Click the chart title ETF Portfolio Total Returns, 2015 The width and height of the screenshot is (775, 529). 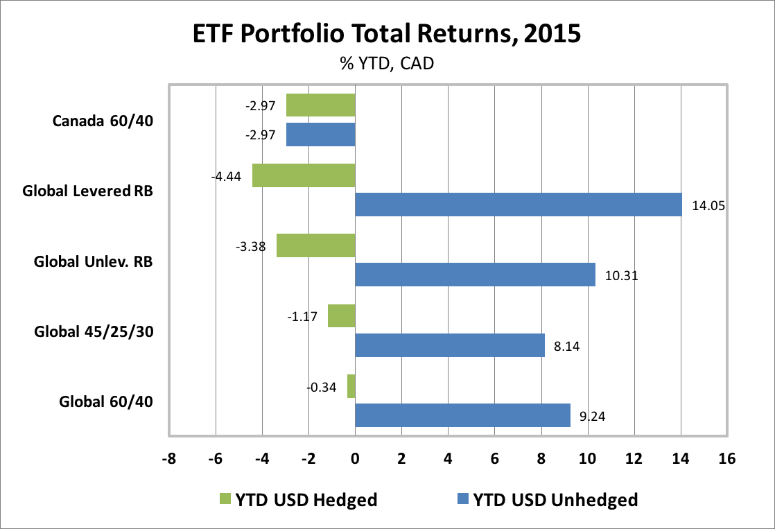click(387, 34)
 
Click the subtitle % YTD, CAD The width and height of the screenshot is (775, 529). click(387, 64)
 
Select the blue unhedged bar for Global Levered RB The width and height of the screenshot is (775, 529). click(518, 205)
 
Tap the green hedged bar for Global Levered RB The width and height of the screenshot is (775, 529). click(304, 175)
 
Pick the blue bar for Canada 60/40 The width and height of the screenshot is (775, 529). click(320, 135)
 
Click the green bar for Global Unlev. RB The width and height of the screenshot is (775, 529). click(315, 245)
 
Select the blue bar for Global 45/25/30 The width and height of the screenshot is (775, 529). click(450, 345)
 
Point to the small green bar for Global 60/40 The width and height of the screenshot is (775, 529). click(351, 386)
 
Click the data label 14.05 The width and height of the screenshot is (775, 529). click(708, 205)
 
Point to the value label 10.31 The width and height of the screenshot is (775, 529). click(620, 275)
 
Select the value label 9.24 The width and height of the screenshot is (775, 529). click(591, 415)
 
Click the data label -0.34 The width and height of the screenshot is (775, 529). click(322, 386)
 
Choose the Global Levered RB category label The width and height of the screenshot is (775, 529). click(87, 191)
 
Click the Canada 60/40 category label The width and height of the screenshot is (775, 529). click(103, 121)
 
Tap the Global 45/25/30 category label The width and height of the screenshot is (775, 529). click(94, 331)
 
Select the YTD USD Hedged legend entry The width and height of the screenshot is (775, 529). click(298, 499)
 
